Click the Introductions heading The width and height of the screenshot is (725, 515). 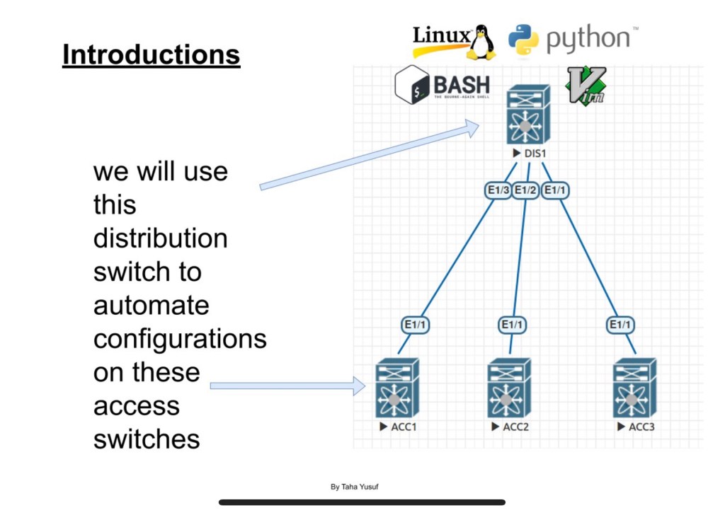pos(151,54)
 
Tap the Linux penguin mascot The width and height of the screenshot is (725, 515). pos(481,42)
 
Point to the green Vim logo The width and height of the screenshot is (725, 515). pos(586,86)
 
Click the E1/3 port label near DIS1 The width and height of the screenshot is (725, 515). pos(497,190)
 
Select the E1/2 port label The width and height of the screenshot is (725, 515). pos(525,190)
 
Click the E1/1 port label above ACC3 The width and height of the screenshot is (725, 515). pos(620,325)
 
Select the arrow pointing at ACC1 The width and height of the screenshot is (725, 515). pos(287,386)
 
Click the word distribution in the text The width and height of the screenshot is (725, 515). pos(160,238)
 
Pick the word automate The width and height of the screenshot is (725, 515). pos(151,306)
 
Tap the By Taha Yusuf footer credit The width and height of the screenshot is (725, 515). pos(359,487)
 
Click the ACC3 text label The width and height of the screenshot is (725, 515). pos(641,427)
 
